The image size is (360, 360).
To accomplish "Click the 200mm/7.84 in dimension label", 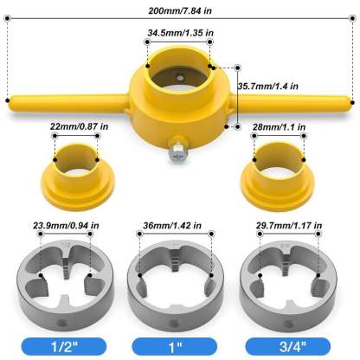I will [x=180, y=10].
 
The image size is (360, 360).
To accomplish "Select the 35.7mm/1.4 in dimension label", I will [x=269, y=87].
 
